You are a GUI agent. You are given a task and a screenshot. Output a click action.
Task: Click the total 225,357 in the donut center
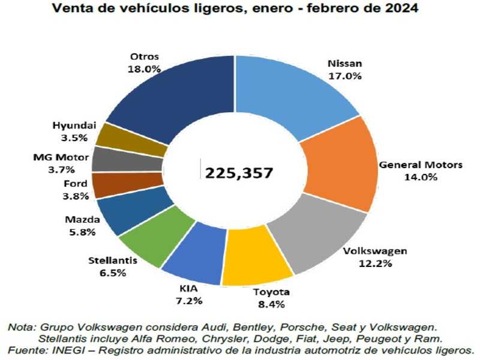point(239,173)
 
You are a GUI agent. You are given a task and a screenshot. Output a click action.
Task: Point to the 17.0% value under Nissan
point(344,76)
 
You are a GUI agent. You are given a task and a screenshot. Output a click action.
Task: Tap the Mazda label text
point(79,220)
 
